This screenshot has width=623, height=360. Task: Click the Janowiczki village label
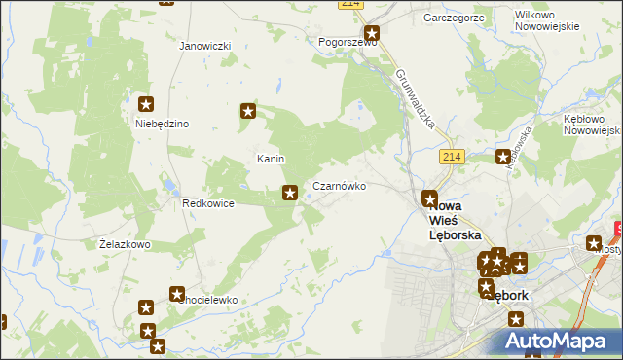tap(204, 46)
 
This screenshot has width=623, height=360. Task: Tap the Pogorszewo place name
tap(348, 43)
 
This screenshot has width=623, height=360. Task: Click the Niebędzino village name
tap(162, 124)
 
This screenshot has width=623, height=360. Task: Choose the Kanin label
tap(270, 158)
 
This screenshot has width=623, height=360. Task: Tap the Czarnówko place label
tap(339, 185)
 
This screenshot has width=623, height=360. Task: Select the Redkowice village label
tap(208, 203)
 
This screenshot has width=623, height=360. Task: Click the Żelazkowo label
tap(125, 244)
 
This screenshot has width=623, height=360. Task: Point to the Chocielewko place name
tap(207, 300)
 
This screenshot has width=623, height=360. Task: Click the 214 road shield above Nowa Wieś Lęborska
tap(449, 156)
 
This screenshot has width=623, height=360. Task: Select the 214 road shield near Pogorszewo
tap(351, 5)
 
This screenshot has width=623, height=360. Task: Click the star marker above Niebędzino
tap(146, 104)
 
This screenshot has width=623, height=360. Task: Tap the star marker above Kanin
tap(248, 112)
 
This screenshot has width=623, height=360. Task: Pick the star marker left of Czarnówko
tap(289, 194)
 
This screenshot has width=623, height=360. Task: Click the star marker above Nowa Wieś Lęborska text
tap(429, 198)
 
